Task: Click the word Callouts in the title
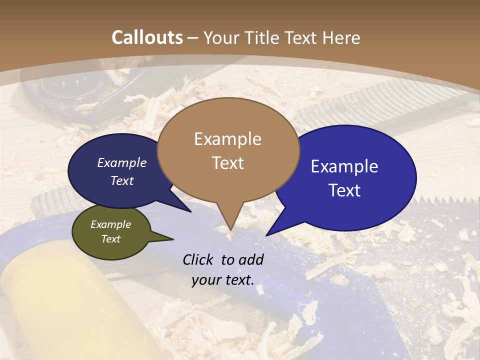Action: pyautogui.click(x=147, y=37)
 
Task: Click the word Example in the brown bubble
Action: pyautogui.click(x=227, y=139)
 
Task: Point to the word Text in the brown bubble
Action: pyautogui.click(x=227, y=163)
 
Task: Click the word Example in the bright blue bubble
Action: pyautogui.click(x=344, y=166)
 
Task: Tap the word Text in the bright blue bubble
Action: pyautogui.click(x=344, y=190)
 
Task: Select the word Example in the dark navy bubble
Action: pyautogui.click(x=122, y=163)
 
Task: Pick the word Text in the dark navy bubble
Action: pyautogui.click(x=122, y=180)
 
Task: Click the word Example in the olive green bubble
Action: pyautogui.click(x=110, y=224)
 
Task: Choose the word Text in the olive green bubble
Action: pyautogui.click(x=110, y=239)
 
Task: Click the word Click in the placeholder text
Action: pyautogui.click(x=199, y=259)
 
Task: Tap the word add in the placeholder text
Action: pyautogui.click(x=251, y=259)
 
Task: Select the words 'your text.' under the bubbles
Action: pyautogui.click(x=222, y=280)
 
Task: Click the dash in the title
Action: pyautogui.click(x=193, y=38)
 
